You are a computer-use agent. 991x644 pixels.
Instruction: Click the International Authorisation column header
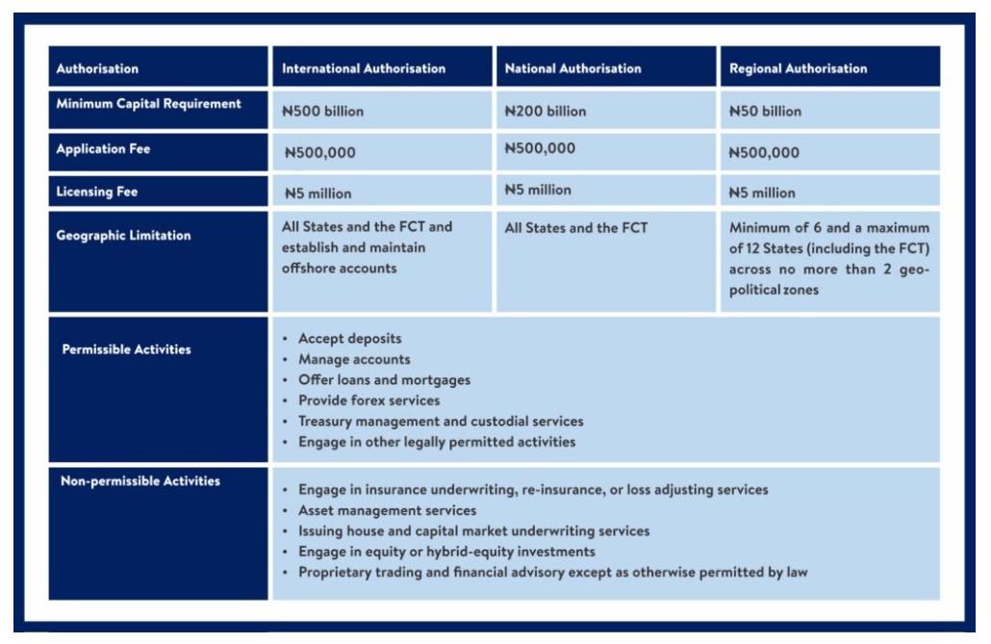(364, 68)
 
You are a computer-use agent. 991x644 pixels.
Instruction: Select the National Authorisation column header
(572, 68)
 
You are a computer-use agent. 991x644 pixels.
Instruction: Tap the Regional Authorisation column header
(798, 68)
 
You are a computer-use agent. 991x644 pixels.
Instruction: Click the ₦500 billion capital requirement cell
(323, 112)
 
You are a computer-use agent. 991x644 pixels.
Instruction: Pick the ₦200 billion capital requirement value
(546, 112)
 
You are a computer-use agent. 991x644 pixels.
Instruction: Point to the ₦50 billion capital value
(765, 112)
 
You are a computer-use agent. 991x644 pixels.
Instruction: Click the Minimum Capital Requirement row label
(148, 104)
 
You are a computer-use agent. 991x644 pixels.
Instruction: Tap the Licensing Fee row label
(96, 192)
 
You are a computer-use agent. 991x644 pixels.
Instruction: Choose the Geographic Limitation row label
(123, 236)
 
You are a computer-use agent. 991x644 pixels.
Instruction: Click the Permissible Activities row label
(126, 349)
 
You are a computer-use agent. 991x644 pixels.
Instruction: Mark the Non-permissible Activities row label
(140, 481)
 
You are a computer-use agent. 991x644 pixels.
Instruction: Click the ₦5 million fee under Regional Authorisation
(762, 193)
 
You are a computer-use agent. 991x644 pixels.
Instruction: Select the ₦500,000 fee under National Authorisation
(541, 148)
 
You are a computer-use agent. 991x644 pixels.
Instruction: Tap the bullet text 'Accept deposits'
(350, 339)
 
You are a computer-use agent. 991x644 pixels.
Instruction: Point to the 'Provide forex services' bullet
(368, 400)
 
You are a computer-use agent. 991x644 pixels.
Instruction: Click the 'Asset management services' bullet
(387, 510)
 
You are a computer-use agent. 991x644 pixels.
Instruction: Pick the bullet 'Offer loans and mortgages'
(384, 380)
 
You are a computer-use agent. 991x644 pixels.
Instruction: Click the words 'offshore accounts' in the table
(339, 269)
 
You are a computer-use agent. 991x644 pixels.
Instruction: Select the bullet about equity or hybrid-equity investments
(446, 552)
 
